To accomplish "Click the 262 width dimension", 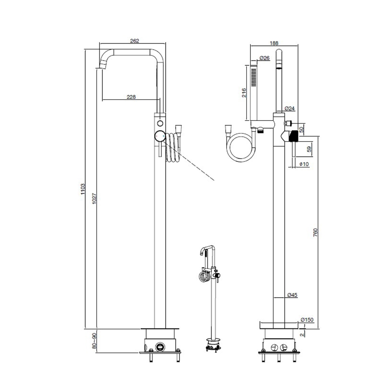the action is point(135,41).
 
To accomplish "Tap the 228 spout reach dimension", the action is point(131,97).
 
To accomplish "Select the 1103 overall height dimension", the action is point(83,189).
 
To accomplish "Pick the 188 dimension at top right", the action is point(274,43).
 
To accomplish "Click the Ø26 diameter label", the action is point(264,58).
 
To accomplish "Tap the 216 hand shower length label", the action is point(244,92).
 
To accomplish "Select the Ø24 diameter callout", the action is point(290,108).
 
